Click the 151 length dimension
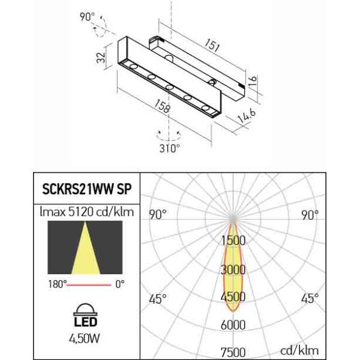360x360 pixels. click(212, 45)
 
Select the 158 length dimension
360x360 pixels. click(163, 106)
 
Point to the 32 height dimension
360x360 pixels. click(101, 58)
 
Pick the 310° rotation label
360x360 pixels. click(170, 148)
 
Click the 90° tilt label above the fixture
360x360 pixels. click(87, 17)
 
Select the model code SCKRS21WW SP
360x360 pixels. click(87, 189)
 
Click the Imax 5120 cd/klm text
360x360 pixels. click(87, 212)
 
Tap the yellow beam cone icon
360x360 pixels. click(85, 247)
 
